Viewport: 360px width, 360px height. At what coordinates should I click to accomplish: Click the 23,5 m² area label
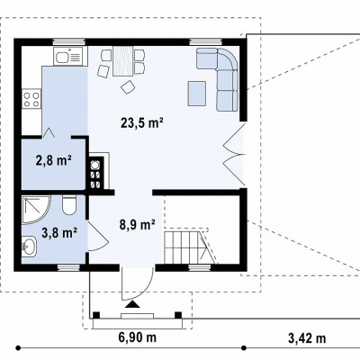[142, 123]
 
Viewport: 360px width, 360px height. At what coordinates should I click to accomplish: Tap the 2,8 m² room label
[53, 160]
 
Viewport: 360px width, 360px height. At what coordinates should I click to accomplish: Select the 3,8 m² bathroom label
[60, 233]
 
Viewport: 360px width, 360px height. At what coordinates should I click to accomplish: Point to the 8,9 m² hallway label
[138, 224]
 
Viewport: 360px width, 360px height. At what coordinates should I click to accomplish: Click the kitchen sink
[68, 56]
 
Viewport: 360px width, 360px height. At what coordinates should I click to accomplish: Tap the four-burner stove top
[31, 99]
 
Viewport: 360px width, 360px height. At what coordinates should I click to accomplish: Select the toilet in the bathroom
[69, 204]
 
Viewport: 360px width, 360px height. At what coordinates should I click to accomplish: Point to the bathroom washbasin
[29, 246]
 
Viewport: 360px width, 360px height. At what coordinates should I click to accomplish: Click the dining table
[123, 61]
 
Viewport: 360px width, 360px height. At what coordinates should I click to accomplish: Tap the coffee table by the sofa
[197, 93]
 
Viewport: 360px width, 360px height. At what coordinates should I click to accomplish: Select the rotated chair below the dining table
[128, 87]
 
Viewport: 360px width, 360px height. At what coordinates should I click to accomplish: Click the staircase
[191, 246]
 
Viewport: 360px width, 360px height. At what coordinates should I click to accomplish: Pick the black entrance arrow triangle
[132, 305]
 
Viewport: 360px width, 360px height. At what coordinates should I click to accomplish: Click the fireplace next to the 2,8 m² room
[96, 173]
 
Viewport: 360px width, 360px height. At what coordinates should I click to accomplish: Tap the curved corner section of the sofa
[228, 59]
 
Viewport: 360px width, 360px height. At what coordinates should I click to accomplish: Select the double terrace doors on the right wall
[235, 155]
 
